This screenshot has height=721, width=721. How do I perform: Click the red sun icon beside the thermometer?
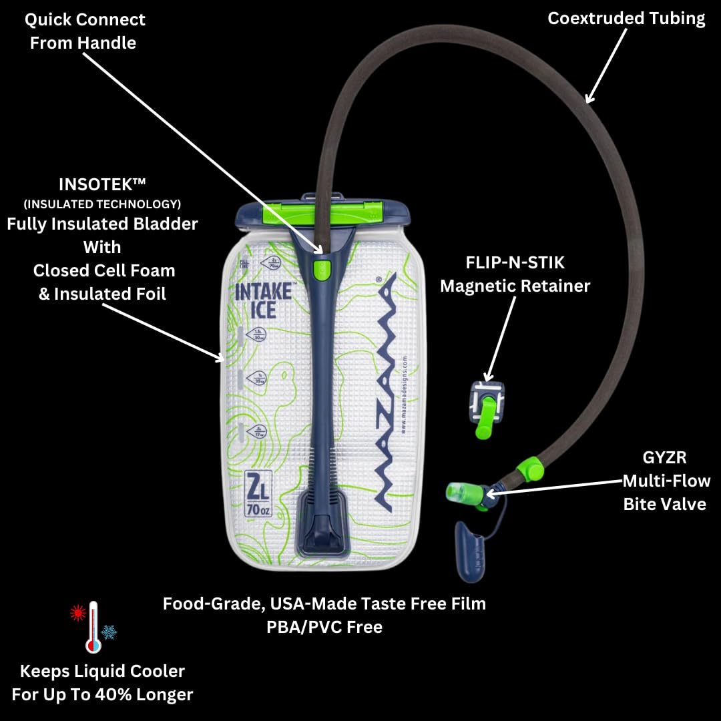(x=78, y=613)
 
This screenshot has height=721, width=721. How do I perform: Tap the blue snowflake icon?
(x=109, y=632)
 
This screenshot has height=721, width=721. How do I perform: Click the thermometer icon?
(x=93, y=626)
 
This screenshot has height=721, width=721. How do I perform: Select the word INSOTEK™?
(x=102, y=185)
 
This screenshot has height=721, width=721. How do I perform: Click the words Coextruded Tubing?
(x=626, y=18)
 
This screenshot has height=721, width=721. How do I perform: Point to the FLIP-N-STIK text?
(x=515, y=262)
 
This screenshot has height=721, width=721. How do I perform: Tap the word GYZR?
(x=664, y=457)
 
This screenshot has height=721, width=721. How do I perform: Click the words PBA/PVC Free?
(x=324, y=627)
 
